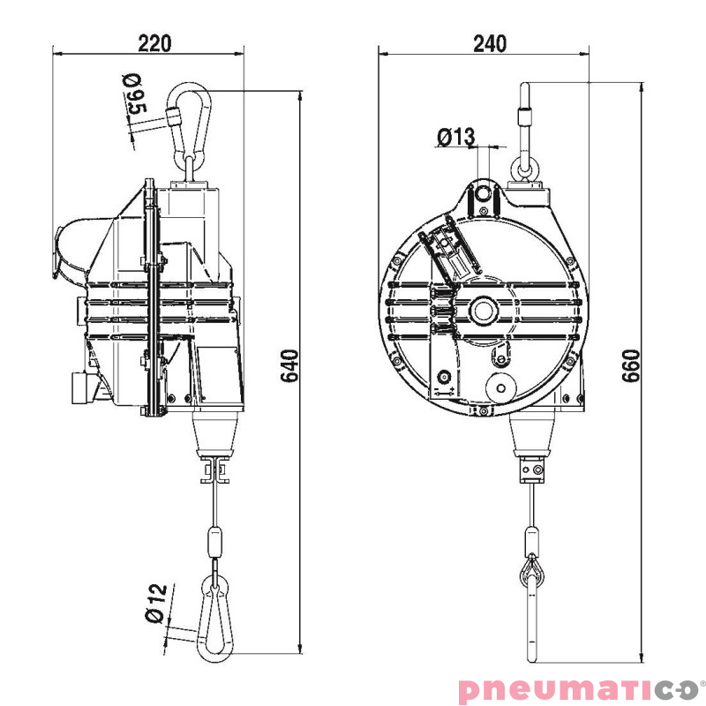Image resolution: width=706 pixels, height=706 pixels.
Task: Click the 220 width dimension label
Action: click(x=154, y=41)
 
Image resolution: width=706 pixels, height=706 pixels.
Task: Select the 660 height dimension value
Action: click(x=630, y=365)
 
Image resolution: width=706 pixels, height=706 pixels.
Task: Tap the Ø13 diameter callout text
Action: click(x=455, y=137)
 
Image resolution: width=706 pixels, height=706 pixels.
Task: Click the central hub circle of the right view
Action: click(x=484, y=310)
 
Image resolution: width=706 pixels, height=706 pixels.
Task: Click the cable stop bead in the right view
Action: click(x=532, y=539)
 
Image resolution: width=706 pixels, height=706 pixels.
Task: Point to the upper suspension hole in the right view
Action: click(x=482, y=193)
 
